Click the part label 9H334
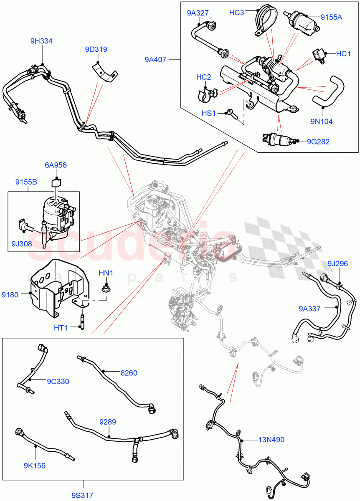tap(41, 41)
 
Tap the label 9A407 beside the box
tap(156, 60)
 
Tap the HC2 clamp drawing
tap(205, 95)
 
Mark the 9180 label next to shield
tap(10, 295)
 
